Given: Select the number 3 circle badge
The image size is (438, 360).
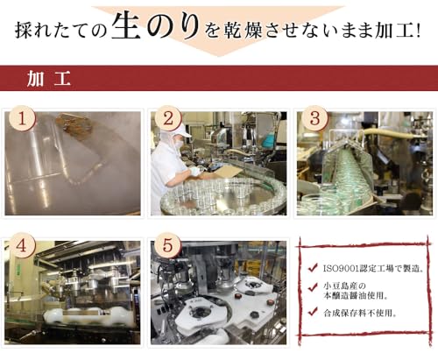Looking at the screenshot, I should [314, 118].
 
